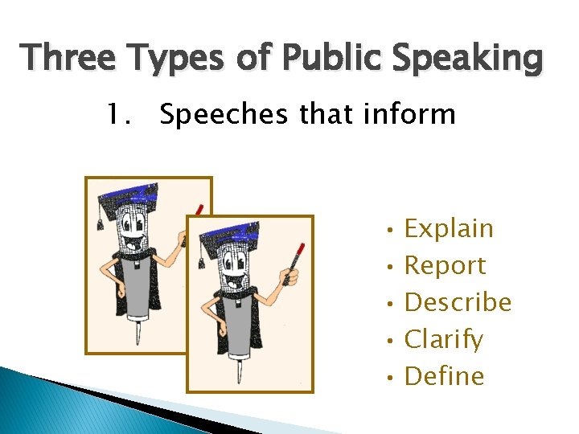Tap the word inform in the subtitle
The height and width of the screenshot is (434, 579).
410,115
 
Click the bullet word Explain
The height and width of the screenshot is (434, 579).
449,229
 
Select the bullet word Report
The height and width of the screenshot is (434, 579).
445,265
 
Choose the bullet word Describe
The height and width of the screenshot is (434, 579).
458,302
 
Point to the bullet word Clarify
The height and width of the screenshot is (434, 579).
444,340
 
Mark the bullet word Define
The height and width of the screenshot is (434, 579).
444,376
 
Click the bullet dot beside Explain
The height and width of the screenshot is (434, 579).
388,230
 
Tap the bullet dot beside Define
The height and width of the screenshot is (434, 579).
388,378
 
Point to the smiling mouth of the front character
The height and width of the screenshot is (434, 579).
237,284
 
